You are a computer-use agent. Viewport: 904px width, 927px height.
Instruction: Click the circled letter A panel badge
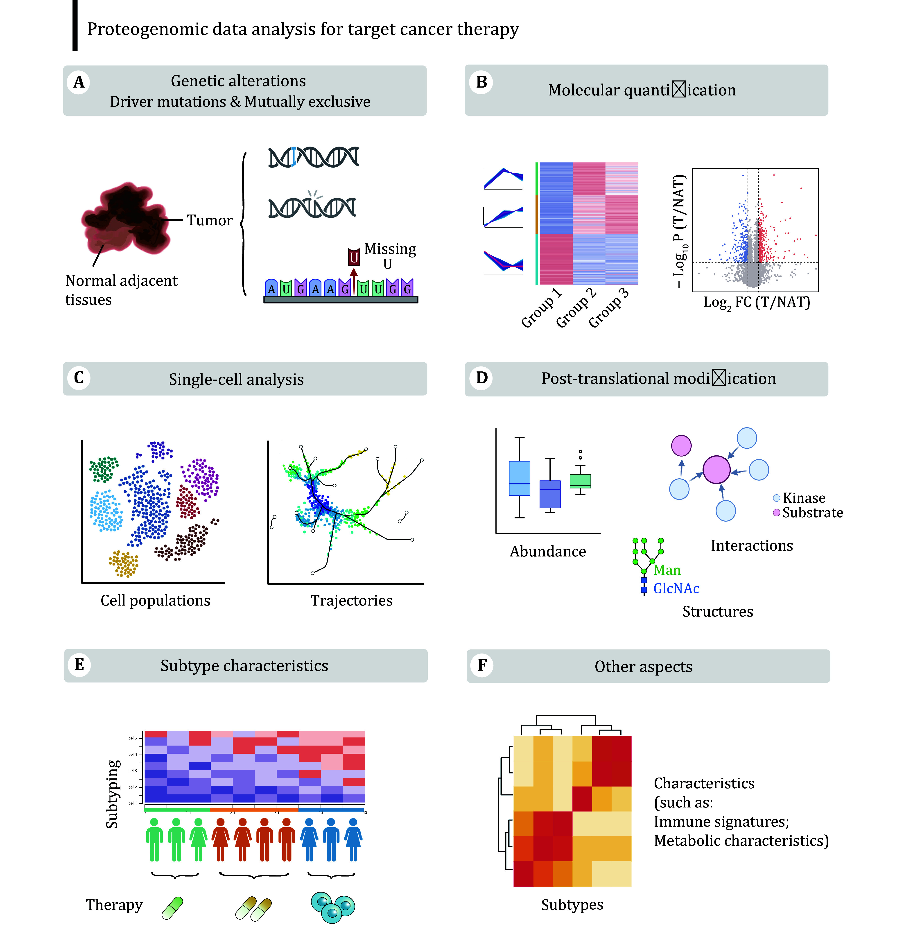[79, 82]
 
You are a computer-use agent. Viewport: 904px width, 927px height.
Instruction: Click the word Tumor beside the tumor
[209, 220]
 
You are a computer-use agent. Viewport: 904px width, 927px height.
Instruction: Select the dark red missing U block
[354, 257]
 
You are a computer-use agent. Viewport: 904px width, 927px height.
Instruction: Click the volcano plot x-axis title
[757, 303]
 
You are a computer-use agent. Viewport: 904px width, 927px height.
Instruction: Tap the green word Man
[667, 570]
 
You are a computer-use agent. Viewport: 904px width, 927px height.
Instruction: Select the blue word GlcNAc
[676, 588]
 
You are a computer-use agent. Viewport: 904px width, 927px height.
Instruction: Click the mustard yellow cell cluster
[123, 563]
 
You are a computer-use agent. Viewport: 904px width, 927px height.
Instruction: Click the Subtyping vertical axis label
[113, 794]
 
